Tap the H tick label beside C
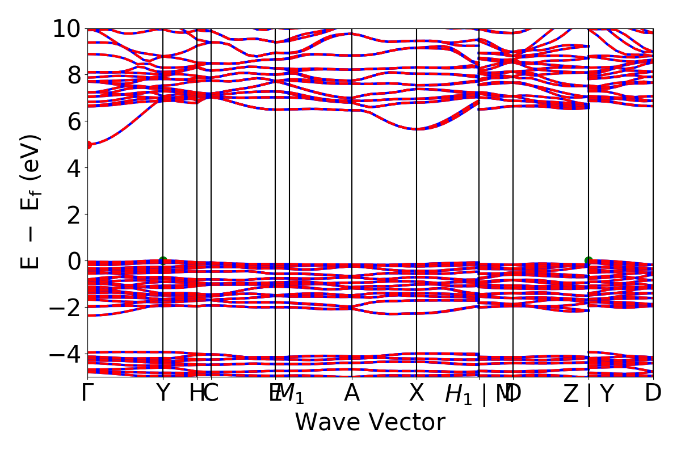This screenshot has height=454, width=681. click(196, 393)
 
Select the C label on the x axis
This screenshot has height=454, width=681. click(211, 393)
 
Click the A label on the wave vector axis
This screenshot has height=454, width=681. click(352, 393)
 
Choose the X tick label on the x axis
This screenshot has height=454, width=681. click(417, 393)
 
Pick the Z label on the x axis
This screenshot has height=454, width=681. click(571, 394)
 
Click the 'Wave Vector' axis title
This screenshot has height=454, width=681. click(370, 423)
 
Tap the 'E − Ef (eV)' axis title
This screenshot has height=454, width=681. click(31, 202)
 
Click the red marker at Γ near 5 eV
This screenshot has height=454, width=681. click(88, 145)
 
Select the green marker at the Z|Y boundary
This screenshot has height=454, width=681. click(588, 260)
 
